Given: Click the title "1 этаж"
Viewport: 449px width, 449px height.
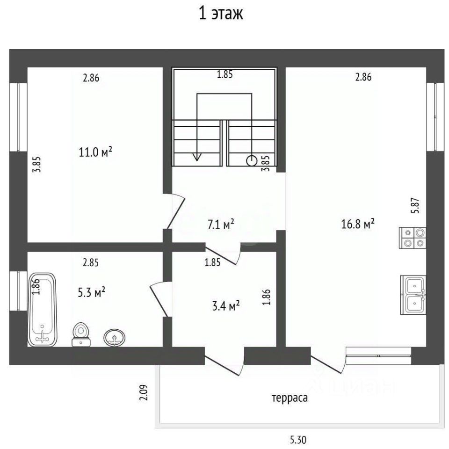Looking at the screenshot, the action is tap(221, 14).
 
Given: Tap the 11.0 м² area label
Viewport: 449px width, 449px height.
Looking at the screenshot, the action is tap(95, 152).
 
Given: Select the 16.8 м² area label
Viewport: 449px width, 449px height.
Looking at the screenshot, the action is tap(358, 224).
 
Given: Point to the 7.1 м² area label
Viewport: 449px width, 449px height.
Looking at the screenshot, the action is tap(221, 224).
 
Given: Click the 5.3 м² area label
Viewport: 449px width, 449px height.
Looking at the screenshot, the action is tap(91, 292).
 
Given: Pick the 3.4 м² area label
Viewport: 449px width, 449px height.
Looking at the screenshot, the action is tap(226, 306).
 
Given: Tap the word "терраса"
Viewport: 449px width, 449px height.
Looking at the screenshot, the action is tap(290, 398).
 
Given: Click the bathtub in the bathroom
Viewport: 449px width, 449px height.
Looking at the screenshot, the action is tap(43, 310).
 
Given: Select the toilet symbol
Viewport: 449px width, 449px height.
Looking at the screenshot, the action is tap(81, 334).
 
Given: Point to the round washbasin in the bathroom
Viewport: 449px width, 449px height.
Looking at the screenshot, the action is tap(114, 338).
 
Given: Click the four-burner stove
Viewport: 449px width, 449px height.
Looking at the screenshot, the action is tap(413, 238).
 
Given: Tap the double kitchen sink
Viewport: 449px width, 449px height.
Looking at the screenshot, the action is tap(413, 295).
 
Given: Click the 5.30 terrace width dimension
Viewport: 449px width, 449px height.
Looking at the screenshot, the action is tap(298, 439).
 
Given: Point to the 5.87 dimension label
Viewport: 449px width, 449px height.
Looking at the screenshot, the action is tap(415, 205).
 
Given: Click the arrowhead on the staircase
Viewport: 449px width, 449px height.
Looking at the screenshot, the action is tap(197, 157).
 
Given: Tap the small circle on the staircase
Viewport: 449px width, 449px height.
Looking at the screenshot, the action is tap(252, 161).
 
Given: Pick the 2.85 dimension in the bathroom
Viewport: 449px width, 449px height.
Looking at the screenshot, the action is tap(91, 262).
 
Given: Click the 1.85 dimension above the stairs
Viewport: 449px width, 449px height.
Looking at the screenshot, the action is tap(225, 74).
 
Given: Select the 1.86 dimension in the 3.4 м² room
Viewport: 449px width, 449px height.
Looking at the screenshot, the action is tap(266, 297).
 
